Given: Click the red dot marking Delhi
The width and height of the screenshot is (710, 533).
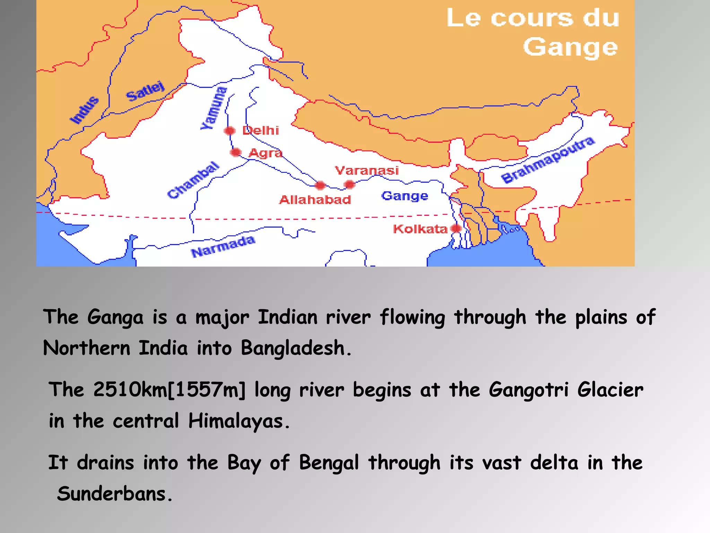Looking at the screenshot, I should [x=230, y=131].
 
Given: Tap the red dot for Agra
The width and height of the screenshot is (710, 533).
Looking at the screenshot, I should [x=236, y=152].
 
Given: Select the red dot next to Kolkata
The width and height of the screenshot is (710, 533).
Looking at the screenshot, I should [x=456, y=228].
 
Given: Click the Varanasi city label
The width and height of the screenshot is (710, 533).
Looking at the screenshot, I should [x=367, y=170].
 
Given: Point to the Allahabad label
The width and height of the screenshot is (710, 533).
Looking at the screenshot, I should [x=315, y=200].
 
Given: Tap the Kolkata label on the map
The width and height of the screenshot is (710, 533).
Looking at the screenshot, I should [x=420, y=229].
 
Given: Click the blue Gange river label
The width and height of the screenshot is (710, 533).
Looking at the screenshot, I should [x=405, y=196].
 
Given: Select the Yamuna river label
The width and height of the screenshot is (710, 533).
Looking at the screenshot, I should [x=214, y=108].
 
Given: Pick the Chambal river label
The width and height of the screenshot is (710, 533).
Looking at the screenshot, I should [x=193, y=180].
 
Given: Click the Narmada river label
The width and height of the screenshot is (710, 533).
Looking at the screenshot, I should [x=223, y=246].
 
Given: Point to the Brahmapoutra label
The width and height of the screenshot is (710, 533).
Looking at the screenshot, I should [x=548, y=160].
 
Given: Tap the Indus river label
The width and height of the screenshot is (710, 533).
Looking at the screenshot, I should [x=84, y=110].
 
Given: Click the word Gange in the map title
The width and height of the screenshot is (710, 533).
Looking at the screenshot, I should [x=570, y=48].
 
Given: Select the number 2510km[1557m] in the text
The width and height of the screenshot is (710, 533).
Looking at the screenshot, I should [x=169, y=390].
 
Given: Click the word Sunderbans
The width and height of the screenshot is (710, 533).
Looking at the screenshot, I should [x=112, y=494].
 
